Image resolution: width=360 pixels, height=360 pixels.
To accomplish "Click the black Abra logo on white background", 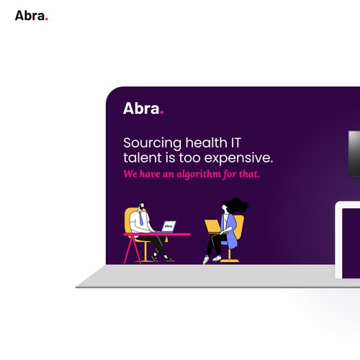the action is point(32,16).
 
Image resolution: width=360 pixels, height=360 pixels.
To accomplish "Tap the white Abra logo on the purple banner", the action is point(143,109).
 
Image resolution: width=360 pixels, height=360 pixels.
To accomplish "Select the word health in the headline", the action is point(206,143).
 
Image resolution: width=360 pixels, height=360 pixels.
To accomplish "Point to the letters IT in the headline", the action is point(235,143).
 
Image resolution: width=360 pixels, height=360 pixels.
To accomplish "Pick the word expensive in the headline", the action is point(238,158).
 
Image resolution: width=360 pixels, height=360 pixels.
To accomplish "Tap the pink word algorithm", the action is point(199,174).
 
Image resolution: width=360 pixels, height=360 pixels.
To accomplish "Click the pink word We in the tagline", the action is point(130,174).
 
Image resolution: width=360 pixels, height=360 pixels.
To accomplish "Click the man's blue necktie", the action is point(141,218).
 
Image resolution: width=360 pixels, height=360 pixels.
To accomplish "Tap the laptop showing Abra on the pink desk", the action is point(168,226).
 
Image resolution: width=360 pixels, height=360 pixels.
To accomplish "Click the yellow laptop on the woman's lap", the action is point(213,226).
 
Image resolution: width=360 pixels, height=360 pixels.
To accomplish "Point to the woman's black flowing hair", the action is point(236,205).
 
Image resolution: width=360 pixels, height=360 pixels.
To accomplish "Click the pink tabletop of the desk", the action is point(157,234).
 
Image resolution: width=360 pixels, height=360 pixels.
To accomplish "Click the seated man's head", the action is point(141,205).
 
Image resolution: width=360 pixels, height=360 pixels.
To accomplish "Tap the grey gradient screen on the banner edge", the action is point(354,153).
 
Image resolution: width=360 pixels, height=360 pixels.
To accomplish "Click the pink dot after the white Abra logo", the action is point(162,112).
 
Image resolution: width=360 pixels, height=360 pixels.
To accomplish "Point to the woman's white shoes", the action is point(211,259).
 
